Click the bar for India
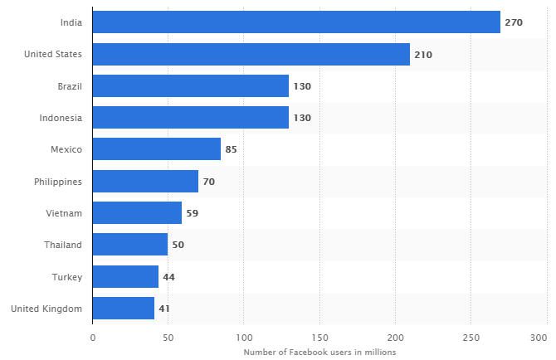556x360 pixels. (296, 22)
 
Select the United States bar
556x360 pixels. (251, 55)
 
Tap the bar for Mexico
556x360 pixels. (156, 149)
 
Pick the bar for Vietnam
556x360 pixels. (137, 213)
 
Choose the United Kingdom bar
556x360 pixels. (123, 309)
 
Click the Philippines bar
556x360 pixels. (145, 181)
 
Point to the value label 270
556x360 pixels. (514, 22)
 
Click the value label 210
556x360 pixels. (423, 55)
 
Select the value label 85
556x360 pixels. (232, 149)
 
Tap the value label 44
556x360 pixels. (169, 277)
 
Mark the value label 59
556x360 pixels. (192, 213)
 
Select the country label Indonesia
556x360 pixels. (61, 118)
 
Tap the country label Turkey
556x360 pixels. (66, 277)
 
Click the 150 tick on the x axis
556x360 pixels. (319, 338)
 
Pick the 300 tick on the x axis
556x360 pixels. (538, 338)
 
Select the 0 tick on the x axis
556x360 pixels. (93, 338)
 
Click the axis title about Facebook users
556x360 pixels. (319, 352)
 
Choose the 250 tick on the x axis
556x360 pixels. (470, 338)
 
